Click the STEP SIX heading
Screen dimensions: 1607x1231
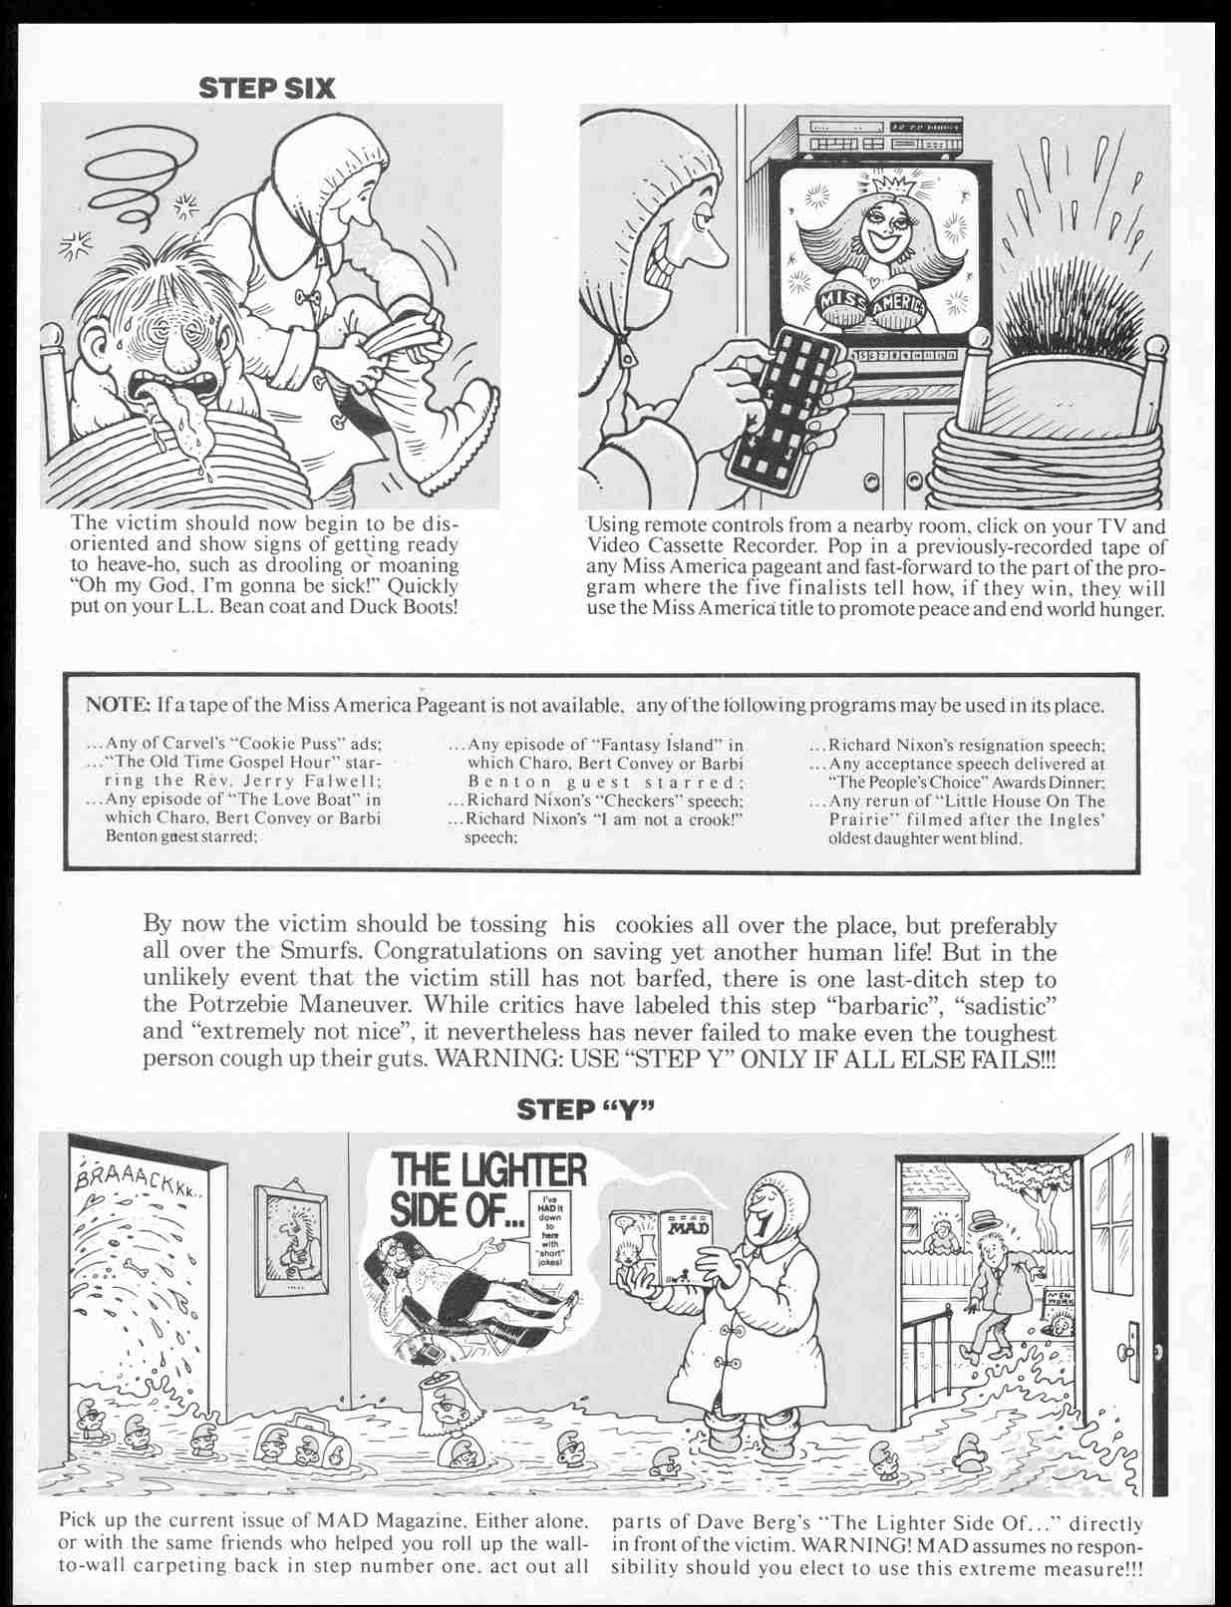coord(267,88)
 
